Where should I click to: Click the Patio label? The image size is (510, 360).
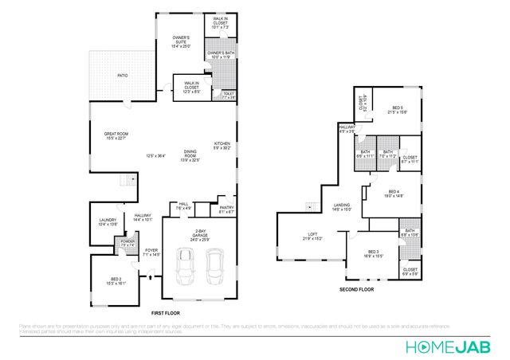click(123, 76)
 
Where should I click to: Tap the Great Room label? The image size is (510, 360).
click(116, 136)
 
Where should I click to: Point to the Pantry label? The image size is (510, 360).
click(226, 210)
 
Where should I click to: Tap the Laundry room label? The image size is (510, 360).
click(108, 222)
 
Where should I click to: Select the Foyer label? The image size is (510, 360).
click(151, 253)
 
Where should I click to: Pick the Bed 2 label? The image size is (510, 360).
click(116, 281)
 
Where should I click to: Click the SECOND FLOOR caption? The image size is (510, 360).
click(356, 289)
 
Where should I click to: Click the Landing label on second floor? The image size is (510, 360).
click(341, 207)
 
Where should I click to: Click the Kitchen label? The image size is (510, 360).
click(222, 145)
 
